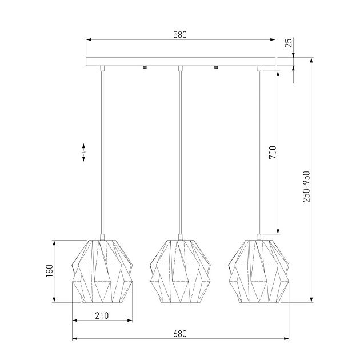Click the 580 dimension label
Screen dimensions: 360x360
180,35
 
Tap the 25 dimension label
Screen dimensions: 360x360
289,43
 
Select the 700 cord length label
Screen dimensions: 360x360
273,152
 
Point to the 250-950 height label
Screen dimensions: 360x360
306,186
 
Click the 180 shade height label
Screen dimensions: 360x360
50,271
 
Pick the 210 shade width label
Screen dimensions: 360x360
102,315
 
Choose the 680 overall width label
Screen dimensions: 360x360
180,334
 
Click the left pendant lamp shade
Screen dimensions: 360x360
102,271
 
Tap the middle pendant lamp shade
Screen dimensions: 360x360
180,271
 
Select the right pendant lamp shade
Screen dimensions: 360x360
258,271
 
